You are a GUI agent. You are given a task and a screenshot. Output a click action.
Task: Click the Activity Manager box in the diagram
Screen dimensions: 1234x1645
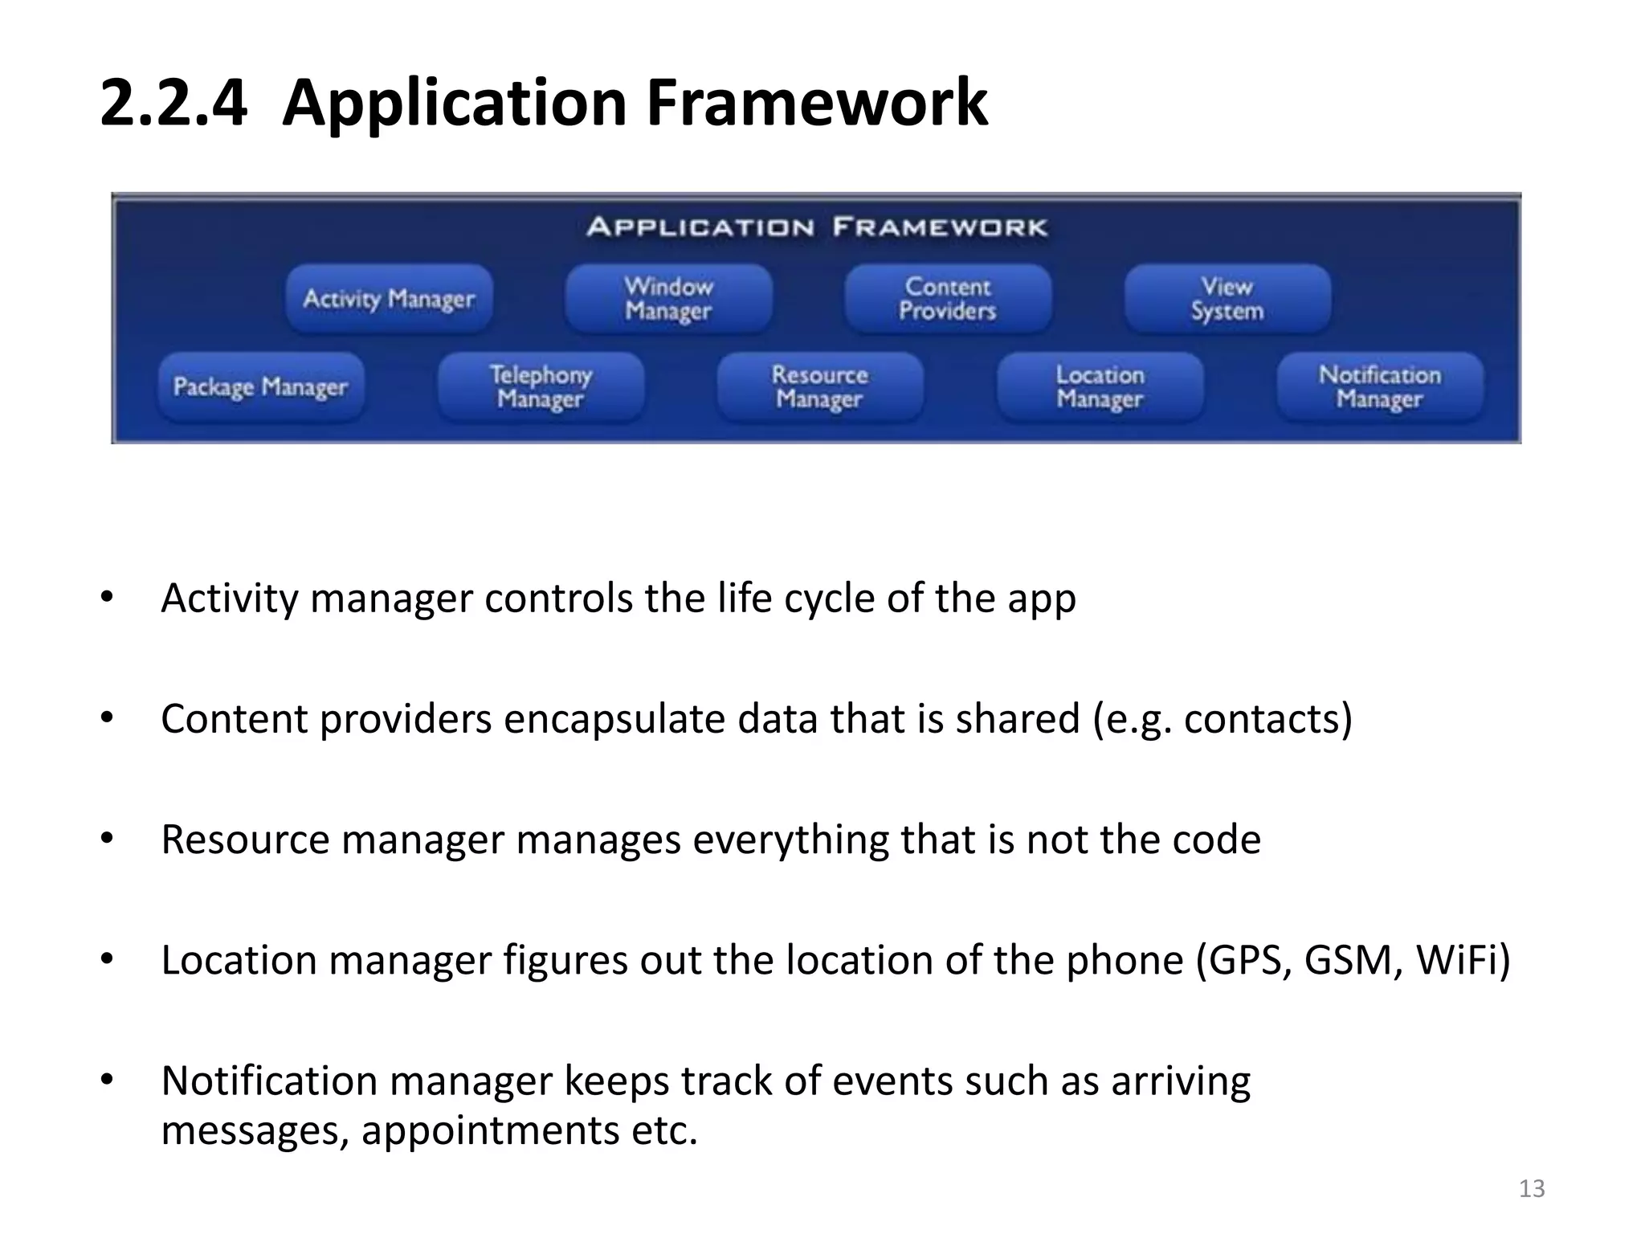389,299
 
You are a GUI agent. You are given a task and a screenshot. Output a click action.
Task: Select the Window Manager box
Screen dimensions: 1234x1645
668,299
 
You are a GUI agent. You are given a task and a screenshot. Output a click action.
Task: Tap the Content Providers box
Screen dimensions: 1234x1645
948,299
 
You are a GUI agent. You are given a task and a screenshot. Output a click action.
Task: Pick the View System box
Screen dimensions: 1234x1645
1227,299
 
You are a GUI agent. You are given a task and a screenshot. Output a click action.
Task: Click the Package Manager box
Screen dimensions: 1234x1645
260,387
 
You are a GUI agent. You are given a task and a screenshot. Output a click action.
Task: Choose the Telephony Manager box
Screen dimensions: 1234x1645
541,387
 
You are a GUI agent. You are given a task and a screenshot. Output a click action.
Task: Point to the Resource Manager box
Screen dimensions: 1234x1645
820,387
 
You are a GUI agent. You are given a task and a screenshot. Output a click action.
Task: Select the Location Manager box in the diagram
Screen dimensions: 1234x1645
1100,387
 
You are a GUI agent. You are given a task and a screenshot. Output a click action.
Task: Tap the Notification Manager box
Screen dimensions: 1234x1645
1380,387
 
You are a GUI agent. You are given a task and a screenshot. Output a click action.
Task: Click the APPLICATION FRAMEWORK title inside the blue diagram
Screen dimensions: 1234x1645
817,227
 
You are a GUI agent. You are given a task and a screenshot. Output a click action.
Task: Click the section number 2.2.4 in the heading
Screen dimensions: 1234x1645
173,103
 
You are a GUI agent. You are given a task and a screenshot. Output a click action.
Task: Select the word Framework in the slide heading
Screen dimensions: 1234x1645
817,103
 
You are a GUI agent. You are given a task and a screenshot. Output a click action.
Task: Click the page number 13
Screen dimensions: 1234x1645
1532,1188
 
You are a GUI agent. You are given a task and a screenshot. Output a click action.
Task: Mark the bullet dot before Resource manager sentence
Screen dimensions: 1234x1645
107,839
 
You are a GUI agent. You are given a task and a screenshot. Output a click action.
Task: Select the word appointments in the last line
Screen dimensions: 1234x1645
490,1130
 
